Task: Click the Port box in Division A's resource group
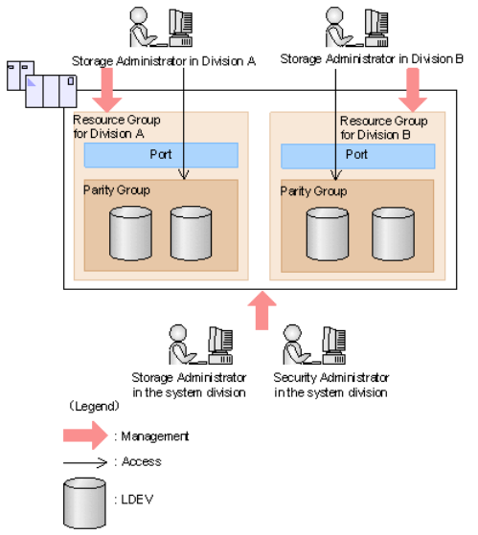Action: click(x=161, y=155)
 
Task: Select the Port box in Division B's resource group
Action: click(x=358, y=156)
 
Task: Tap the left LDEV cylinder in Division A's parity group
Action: click(x=131, y=234)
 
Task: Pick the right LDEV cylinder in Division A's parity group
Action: click(x=191, y=234)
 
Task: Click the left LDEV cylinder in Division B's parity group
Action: click(x=328, y=234)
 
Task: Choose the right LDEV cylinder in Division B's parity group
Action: click(x=393, y=234)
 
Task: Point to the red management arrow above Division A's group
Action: click(x=107, y=90)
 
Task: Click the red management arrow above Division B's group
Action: click(x=413, y=90)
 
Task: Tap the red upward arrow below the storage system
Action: click(x=262, y=310)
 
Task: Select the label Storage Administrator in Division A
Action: click(x=164, y=61)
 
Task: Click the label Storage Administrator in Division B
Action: click(x=372, y=59)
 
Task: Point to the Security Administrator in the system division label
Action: click(x=330, y=385)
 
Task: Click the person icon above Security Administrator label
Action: click(x=295, y=345)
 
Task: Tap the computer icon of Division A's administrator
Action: click(x=181, y=28)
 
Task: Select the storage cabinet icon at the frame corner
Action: click(x=41, y=84)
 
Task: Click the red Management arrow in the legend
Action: click(x=85, y=435)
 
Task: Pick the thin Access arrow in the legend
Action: click(x=85, y=462)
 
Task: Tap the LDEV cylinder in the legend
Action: click(x=84, y=502)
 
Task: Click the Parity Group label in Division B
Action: click(x=313, y=191)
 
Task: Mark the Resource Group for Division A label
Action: click(x=117, y=127)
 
